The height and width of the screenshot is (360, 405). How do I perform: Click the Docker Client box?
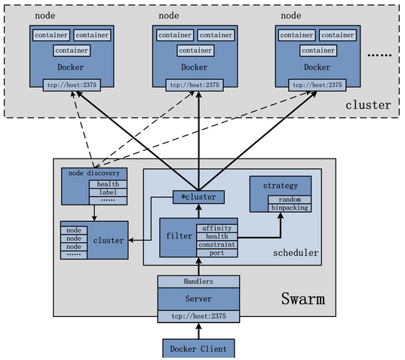[199, 348]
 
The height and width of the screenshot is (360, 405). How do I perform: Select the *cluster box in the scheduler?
[199, 197]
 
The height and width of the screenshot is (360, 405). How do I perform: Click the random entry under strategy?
[290, 199]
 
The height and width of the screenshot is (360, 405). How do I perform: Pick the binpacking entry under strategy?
[290, 208]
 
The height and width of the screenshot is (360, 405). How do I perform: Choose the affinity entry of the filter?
[217, 227]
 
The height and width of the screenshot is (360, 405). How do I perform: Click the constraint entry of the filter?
[217, 245]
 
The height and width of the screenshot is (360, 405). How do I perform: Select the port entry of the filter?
[217, 253]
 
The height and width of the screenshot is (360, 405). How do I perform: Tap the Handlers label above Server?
[199, 281]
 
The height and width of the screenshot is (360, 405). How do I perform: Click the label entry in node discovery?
[103, 192]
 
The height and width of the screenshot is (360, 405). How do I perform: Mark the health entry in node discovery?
[103, 183]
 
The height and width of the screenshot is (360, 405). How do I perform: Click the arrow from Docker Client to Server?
[199, 331]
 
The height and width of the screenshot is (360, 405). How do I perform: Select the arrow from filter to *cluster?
[199, 211]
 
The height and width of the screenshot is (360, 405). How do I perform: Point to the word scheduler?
[296, 253]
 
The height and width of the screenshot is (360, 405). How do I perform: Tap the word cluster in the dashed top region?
[368, 104]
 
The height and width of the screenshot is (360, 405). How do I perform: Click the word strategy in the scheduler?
[280, 185]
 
